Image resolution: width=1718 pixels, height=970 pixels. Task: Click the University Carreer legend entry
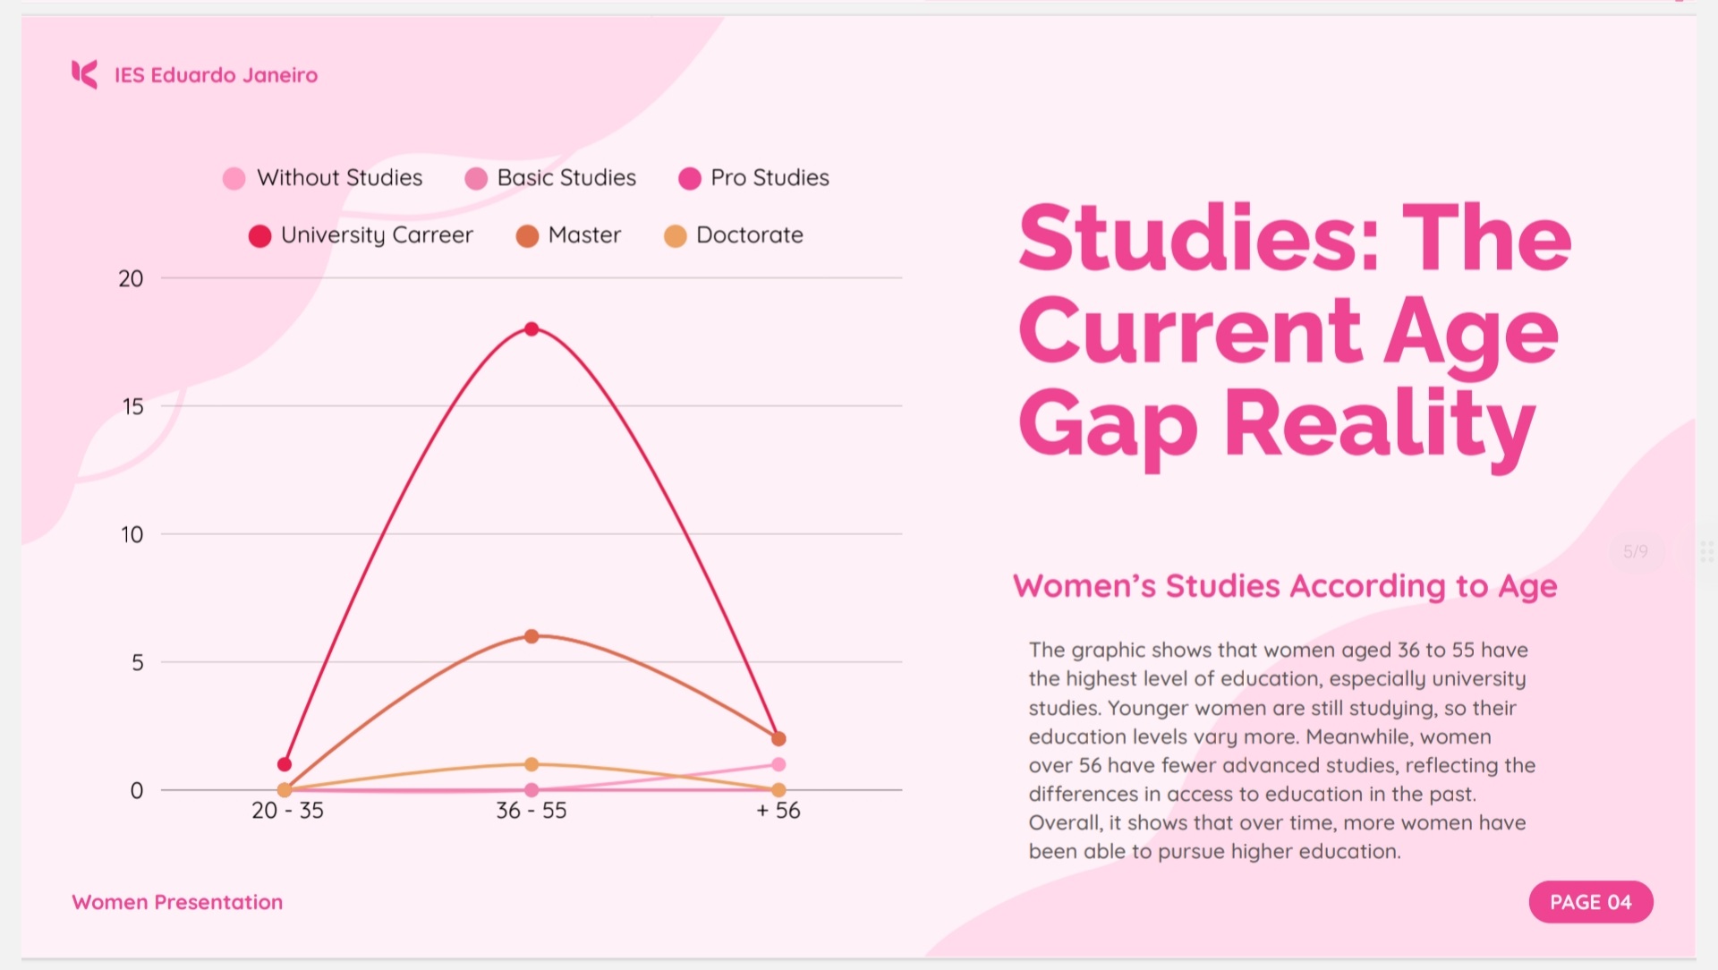361,235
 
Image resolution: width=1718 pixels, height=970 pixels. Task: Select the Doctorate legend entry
734,235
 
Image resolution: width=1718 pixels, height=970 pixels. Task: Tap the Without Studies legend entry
323,178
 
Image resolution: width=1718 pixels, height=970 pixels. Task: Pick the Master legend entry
568,235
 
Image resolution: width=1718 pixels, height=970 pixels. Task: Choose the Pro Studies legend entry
754,178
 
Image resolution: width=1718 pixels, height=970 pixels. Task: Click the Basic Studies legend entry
551,178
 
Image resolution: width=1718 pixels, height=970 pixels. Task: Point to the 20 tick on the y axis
132,279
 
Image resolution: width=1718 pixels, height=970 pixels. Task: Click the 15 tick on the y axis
132,407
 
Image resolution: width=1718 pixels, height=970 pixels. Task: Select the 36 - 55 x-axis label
532,811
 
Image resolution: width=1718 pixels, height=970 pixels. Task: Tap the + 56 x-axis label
778,811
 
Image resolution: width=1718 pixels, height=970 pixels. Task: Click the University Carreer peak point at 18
532,329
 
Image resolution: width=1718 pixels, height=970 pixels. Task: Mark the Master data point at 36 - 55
532,636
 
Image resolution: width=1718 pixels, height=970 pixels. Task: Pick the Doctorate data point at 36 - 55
532,764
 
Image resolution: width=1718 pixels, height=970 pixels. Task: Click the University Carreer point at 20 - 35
285,764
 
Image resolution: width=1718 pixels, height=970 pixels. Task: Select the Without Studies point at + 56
778,764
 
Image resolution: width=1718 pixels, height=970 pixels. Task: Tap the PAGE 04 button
1590,902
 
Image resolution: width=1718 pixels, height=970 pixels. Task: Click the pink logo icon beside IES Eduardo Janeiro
84,74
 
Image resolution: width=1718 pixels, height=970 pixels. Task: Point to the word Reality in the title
1379,425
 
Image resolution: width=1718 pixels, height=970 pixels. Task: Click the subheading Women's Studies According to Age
1285,586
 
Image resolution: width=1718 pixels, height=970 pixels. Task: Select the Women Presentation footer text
177,902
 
